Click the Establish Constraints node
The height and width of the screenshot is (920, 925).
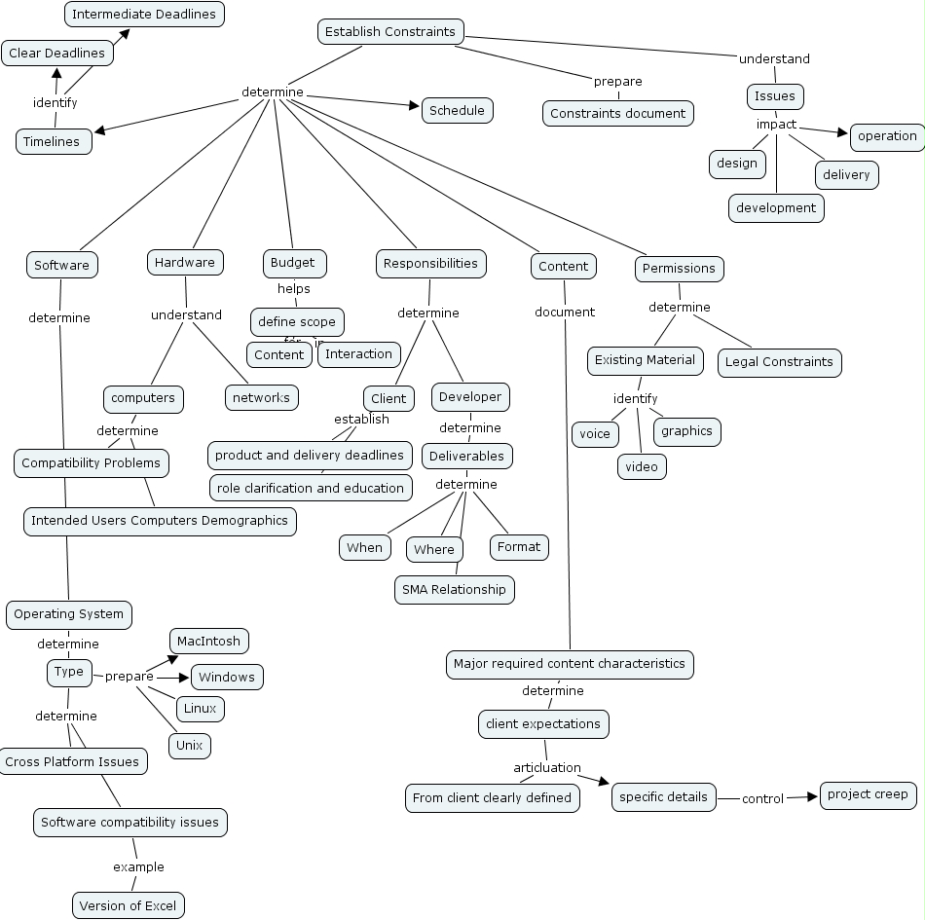pos(389,32)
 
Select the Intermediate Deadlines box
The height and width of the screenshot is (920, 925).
pos(145,15)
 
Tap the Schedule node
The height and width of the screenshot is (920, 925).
pos(457,110)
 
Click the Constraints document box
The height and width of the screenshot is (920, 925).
pos(617,114)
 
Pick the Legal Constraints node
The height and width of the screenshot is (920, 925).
pos(779,362)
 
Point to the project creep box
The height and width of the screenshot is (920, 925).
pos(868,794)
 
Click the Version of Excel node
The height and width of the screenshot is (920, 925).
pos(128,905)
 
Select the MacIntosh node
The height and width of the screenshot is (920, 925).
pos(209,642)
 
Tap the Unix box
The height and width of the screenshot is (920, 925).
pos(189,746)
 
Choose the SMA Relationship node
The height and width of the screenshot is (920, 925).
pos(454,589)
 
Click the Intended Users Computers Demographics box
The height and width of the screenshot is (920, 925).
pos(160,521)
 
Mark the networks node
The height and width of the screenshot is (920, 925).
pos(261,397)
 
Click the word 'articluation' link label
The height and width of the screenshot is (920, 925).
pos(546,768)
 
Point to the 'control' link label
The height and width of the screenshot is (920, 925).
pos(762,798)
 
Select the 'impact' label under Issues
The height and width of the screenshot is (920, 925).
pos(776,125)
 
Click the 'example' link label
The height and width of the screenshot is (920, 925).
pos(138,866)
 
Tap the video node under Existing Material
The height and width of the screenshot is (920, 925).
pos(641,467)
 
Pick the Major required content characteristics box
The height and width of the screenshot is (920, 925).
pos(570,664)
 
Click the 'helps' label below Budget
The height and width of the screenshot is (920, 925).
pos(293,288)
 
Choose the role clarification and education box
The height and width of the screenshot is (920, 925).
pos(310,488)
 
